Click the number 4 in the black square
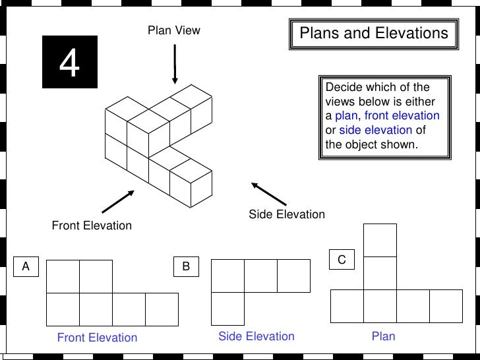[x=70, y=63]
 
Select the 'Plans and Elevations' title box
[x=373, y=34]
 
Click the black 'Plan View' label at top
[x=173, y=30]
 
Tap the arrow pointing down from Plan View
[x=175, y=64]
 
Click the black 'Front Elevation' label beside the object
[x=92, y=225]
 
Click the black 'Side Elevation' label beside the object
[x=287, y=214]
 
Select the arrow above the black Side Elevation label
[x=269, y=194]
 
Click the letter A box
[x=26, y=266]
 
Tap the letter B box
[x=186, y=266]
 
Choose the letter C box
[x=342, y=260]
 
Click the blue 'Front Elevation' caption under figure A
[x=97, y=338]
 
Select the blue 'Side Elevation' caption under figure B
[x=256, y=336]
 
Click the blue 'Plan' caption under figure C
[x=383, y=336]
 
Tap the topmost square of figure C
[x=380, y=240]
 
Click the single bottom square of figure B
[x=227, y=309]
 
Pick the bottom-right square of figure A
[x=162, y=309]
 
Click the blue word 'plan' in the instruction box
[x=346, y=116]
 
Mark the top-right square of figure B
[x=293, y=276]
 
